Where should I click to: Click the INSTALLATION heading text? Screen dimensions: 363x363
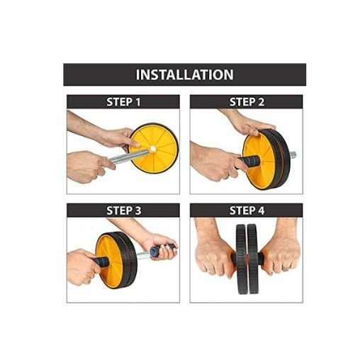(184, 74)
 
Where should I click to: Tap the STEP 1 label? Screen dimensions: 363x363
(123, 102)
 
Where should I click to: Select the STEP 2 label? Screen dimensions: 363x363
(247, 102)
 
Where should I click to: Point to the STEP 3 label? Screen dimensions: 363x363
(123, 211)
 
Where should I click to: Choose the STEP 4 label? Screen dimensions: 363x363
(247, 211)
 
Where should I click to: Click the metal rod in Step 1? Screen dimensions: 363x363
(129, 156)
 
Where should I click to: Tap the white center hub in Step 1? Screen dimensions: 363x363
(152, 149)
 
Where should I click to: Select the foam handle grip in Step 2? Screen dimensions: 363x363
(249, 161)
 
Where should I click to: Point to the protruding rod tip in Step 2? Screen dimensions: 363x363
(293, 155)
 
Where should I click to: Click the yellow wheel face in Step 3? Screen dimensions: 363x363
(109, 261)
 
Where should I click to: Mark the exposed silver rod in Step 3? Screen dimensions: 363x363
(143, 255)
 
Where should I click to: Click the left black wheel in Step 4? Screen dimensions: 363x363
(241, 259)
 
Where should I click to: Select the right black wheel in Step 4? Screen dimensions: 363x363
(253, 259)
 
